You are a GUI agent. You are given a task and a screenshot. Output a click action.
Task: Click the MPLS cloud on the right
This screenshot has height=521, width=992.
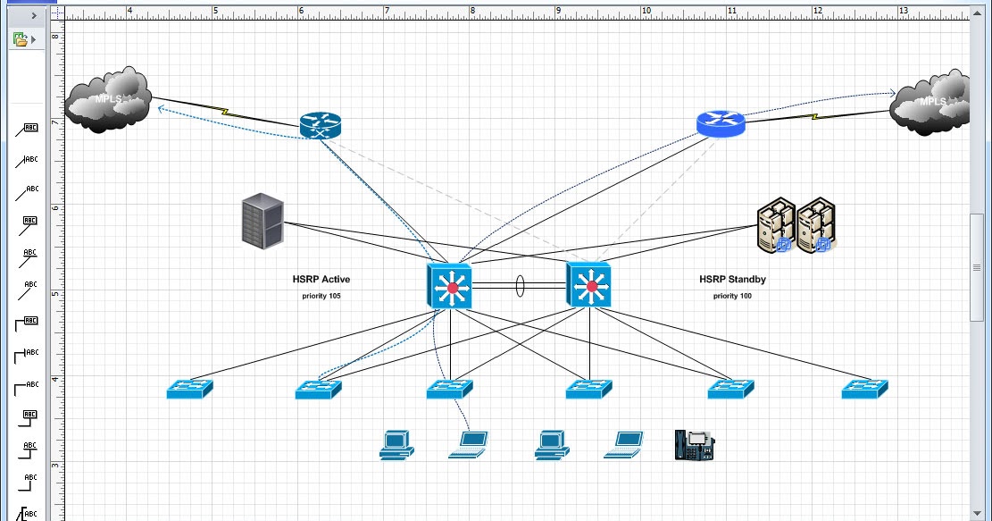pos(932,102)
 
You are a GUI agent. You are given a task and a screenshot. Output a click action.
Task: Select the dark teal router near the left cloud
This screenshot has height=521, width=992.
pos(320,126)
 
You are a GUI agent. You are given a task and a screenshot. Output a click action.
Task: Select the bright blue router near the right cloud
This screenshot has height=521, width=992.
pos(720,123)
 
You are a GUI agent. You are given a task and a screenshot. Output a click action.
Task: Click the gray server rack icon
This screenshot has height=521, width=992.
pos(263,221)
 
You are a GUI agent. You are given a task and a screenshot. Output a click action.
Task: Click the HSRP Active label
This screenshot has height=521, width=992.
pos(321,279)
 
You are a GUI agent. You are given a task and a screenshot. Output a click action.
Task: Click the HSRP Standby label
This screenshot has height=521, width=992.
pos(732,279)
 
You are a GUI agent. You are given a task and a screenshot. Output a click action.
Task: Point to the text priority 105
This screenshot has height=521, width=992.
pos(321,295)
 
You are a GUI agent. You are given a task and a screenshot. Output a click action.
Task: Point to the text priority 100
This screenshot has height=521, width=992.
pos(732,295)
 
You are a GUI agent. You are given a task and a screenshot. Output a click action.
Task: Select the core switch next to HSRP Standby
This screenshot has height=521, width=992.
pos(588,286)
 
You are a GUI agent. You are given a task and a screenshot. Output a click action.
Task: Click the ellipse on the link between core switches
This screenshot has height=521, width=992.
pos(519,286)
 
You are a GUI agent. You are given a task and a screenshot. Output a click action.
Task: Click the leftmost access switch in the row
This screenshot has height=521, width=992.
pos(190,389)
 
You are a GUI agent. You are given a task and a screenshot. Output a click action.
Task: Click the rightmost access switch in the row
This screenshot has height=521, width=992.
pos(865,389)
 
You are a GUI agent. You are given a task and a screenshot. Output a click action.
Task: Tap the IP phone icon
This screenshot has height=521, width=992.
pos(694,444)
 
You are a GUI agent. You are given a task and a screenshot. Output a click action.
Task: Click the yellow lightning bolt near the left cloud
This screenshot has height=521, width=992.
pos(226,113)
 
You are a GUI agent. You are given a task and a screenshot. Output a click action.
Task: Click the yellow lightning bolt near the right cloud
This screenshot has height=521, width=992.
pos(814,115)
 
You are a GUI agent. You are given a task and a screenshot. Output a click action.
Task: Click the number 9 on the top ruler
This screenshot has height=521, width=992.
pos(559,12)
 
